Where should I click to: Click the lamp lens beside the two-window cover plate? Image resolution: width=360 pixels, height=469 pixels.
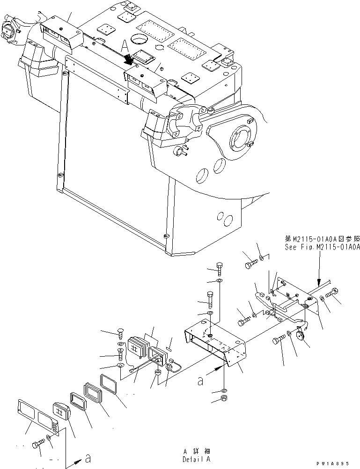[x=61, y=411]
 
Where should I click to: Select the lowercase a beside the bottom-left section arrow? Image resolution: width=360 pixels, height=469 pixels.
[x=88, y=457]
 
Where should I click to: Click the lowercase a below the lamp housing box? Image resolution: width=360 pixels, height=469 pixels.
[x=201, y=381]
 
